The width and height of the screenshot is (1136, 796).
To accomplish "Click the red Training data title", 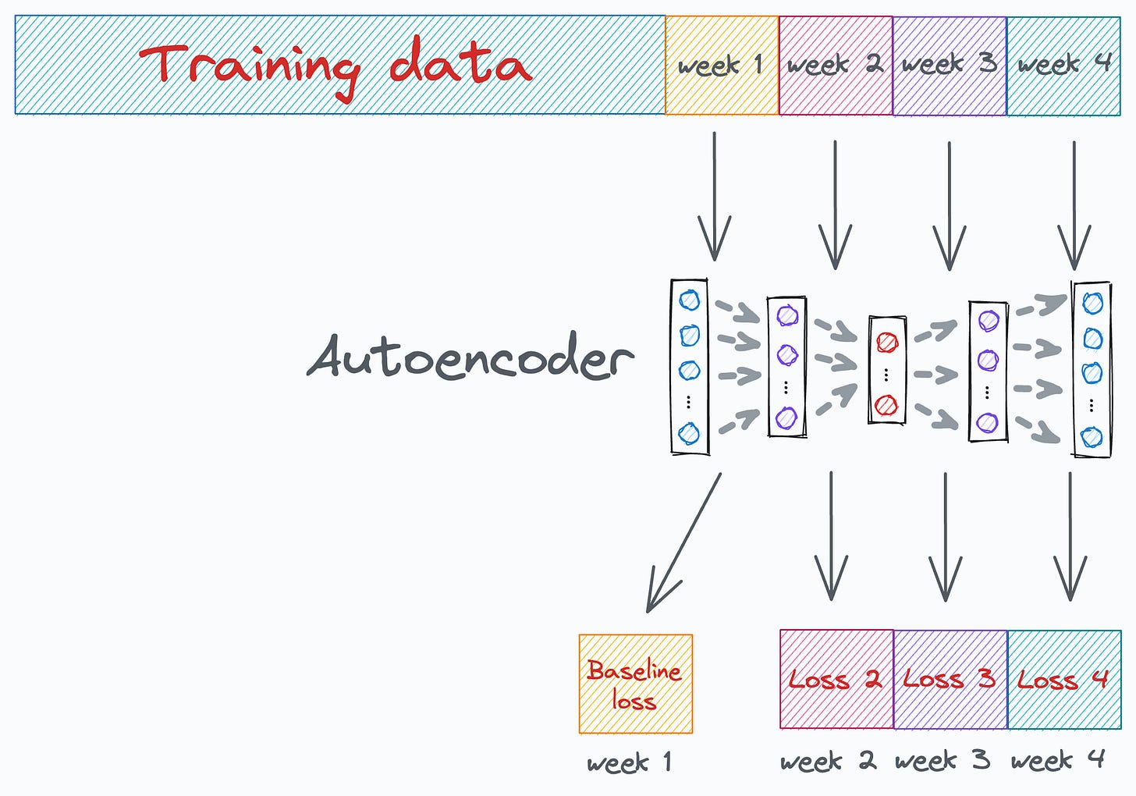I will tap(335, 65).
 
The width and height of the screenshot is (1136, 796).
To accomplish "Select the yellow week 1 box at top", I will tap(722, 66).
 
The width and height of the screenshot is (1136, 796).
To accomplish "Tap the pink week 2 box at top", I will tap(836, 66).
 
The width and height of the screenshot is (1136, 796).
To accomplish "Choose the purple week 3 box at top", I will tap(950, 66).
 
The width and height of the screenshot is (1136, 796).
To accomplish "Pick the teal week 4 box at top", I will tap(1063, 66).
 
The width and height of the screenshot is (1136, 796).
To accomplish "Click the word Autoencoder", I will tap(470, 358).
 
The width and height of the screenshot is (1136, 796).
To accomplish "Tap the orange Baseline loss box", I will tap(635, 684).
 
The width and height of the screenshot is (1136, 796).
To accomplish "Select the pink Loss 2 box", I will tap(836, 679).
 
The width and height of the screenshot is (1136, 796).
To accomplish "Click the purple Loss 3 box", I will tap(950, 679).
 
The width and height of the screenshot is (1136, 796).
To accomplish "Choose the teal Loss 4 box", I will tap(1063, 679).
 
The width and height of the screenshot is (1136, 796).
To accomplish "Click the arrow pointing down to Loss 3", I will tap(946, 538).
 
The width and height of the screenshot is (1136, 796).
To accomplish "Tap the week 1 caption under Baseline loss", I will tap(629, 762).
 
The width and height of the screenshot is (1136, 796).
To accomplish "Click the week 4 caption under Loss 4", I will tap(1058, 759).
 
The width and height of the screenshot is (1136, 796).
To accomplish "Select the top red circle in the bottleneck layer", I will tap(887, 342).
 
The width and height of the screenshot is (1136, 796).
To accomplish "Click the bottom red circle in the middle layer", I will tap(887, 405).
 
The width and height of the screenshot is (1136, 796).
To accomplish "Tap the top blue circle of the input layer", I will tap(690, 300).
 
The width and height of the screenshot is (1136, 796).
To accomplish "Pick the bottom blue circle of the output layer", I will tap(1092, 436).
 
